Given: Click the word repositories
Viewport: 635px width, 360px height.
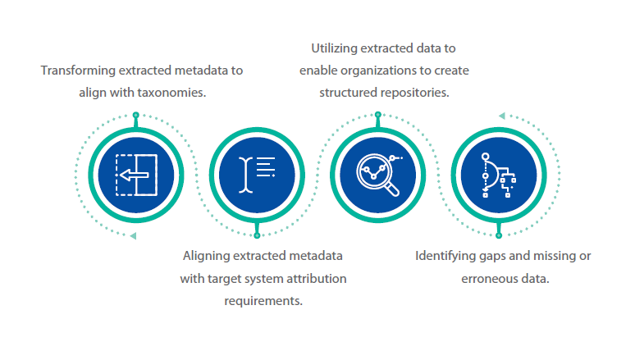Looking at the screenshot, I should (413, 92).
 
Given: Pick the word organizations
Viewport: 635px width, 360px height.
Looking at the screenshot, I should (385, 71).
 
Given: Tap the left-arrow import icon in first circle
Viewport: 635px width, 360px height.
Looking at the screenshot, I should (136, 175).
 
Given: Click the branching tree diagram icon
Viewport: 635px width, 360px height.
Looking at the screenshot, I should (498, 175).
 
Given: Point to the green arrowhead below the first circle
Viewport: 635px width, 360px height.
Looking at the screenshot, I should (134, 235).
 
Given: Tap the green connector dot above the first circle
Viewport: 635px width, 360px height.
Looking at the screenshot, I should (136, 116).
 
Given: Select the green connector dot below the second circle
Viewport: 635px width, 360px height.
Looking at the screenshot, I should (257, 234).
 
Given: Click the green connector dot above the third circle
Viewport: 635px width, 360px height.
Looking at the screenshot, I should (378, 116).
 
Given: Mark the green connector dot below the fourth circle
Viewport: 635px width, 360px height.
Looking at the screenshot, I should (498, 234).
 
